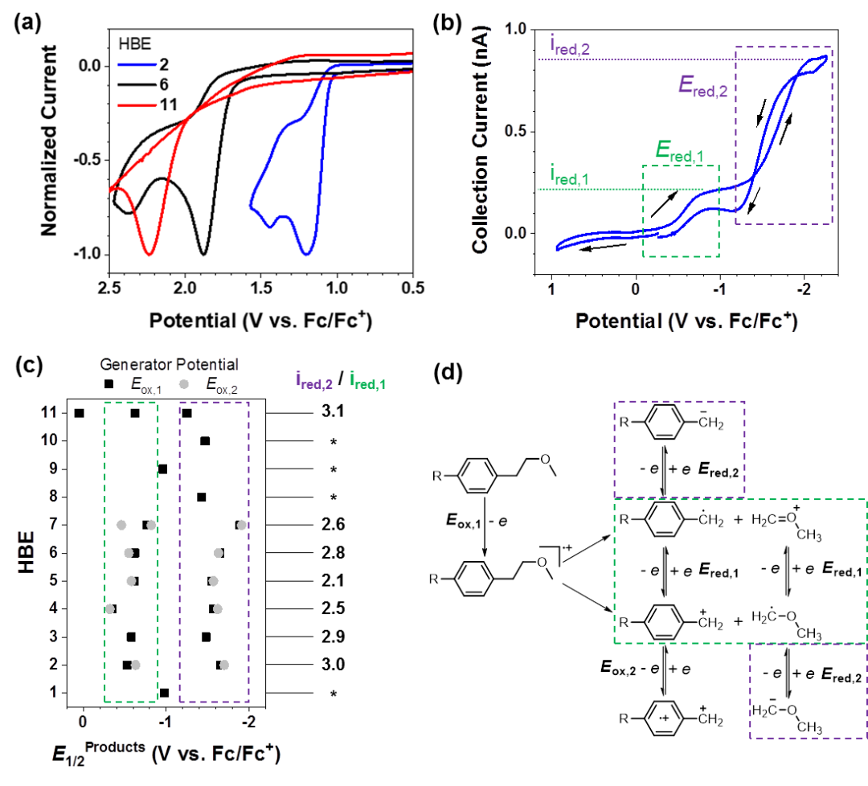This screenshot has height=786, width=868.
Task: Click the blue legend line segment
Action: [x=137, y=63]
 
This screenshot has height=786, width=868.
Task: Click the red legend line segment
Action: [x=137, y=105]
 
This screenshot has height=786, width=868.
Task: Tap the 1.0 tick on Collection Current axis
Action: [x=514, y=29]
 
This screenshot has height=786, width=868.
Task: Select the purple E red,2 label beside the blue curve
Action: [x=702, y=88]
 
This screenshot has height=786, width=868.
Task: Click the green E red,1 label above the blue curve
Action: [x=679, y=152]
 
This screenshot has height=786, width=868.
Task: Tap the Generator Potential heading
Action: [x=169, y=365]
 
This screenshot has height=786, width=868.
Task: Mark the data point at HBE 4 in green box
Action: [x=109, y=608]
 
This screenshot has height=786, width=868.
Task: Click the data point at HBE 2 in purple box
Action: [x=224, y=665]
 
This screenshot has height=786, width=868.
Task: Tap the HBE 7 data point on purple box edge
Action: [x=242, y=525]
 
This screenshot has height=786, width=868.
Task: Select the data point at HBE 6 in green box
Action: [x=128, y=553]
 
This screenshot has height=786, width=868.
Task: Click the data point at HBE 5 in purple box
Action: [x=213, y=581]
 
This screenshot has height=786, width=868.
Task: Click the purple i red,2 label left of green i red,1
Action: [x=313, y=384]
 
